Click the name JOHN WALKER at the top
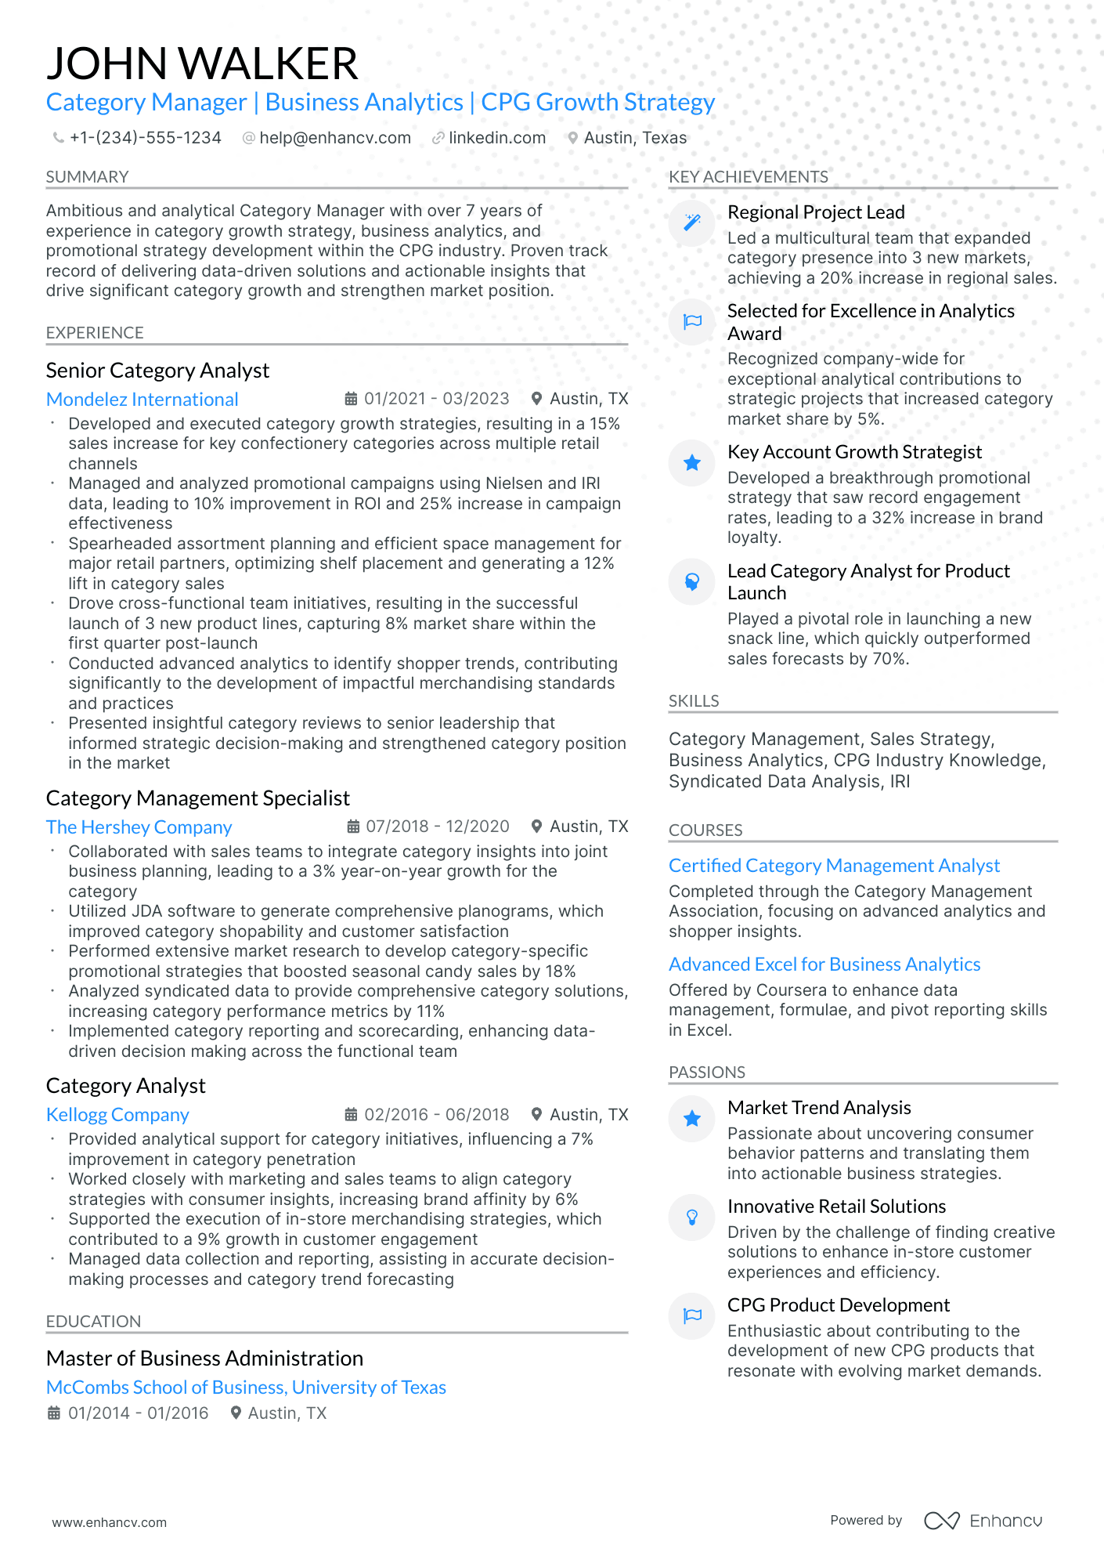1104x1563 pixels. [202, 63]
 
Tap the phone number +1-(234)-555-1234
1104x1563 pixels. [145, 138]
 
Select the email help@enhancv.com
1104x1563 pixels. [334, 138]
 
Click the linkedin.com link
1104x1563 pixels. [496, 138]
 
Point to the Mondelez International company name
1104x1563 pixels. [142, 400]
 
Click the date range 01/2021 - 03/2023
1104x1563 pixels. [436, 399]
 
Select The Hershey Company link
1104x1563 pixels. [139, 827]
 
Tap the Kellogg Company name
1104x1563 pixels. [117, 1115]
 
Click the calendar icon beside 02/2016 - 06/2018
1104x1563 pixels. [352, 1115]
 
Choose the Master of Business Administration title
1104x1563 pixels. [204, 1359]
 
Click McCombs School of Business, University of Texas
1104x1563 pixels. [246, 1388]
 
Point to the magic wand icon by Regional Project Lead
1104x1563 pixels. [692, 223]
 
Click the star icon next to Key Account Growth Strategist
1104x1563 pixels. [692, 463]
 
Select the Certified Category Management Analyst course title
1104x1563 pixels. [834, 866]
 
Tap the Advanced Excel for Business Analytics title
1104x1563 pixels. [824, 964]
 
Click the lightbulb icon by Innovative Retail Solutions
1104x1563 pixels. [692, 1217]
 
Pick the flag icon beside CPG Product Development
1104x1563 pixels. [692, 1315]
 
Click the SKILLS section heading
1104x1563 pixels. [694, 701]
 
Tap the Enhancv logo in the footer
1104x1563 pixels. [983, 1521]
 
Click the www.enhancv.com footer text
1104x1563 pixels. [109, 1522]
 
